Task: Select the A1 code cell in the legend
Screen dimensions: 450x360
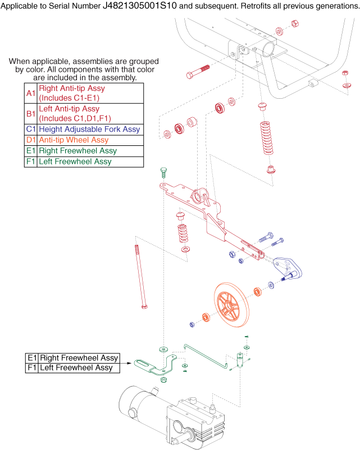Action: tap(30, 93)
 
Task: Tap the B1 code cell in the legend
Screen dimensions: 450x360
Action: tap(30, 113)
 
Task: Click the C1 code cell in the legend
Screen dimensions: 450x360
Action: tap(30, 130)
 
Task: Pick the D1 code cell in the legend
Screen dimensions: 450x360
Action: tap(30, 140)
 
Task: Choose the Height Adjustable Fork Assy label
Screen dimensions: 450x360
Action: tap(89, 130)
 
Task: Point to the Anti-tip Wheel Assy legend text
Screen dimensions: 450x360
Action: tap(74, 140)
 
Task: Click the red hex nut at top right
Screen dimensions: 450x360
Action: tap(294, 24)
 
